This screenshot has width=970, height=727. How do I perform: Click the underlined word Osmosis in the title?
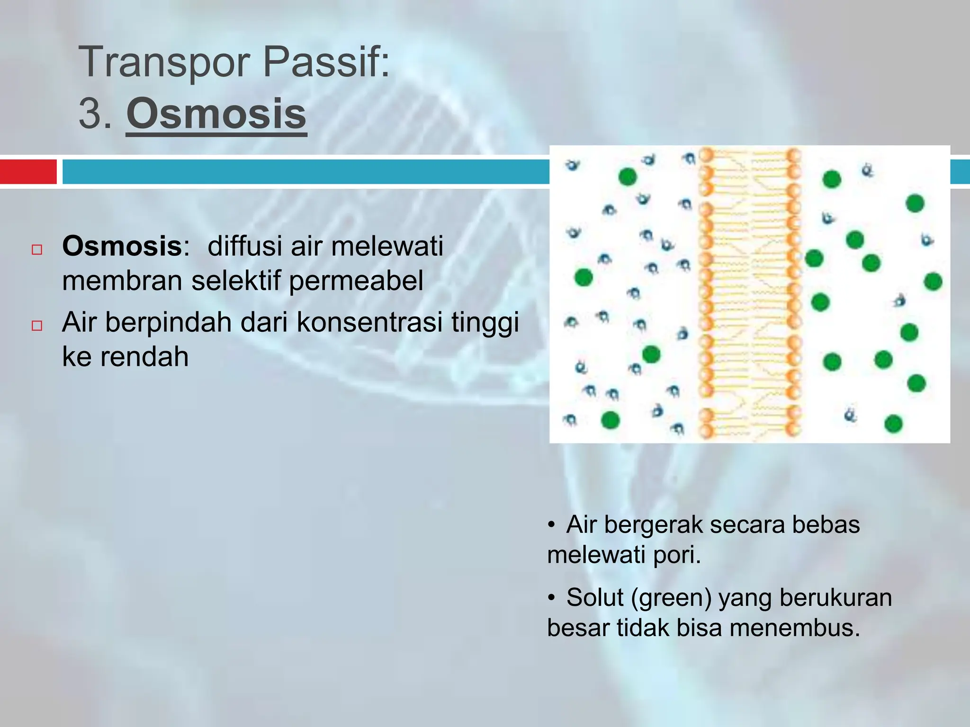point(216,114)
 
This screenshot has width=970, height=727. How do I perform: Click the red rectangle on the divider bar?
point(28,171)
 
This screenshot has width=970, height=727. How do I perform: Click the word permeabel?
point(356,281)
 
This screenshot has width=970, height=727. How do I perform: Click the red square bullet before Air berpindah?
point(37,326)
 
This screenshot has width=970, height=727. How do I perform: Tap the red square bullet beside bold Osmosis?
point(37,249)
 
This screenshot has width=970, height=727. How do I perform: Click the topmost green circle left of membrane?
point(628,177)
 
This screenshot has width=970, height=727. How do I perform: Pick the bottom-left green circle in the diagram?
point(610,420)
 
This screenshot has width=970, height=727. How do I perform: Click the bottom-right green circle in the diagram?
point(893,423)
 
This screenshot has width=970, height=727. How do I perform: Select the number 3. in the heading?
point(95,114)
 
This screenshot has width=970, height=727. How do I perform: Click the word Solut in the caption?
point(594,597)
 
